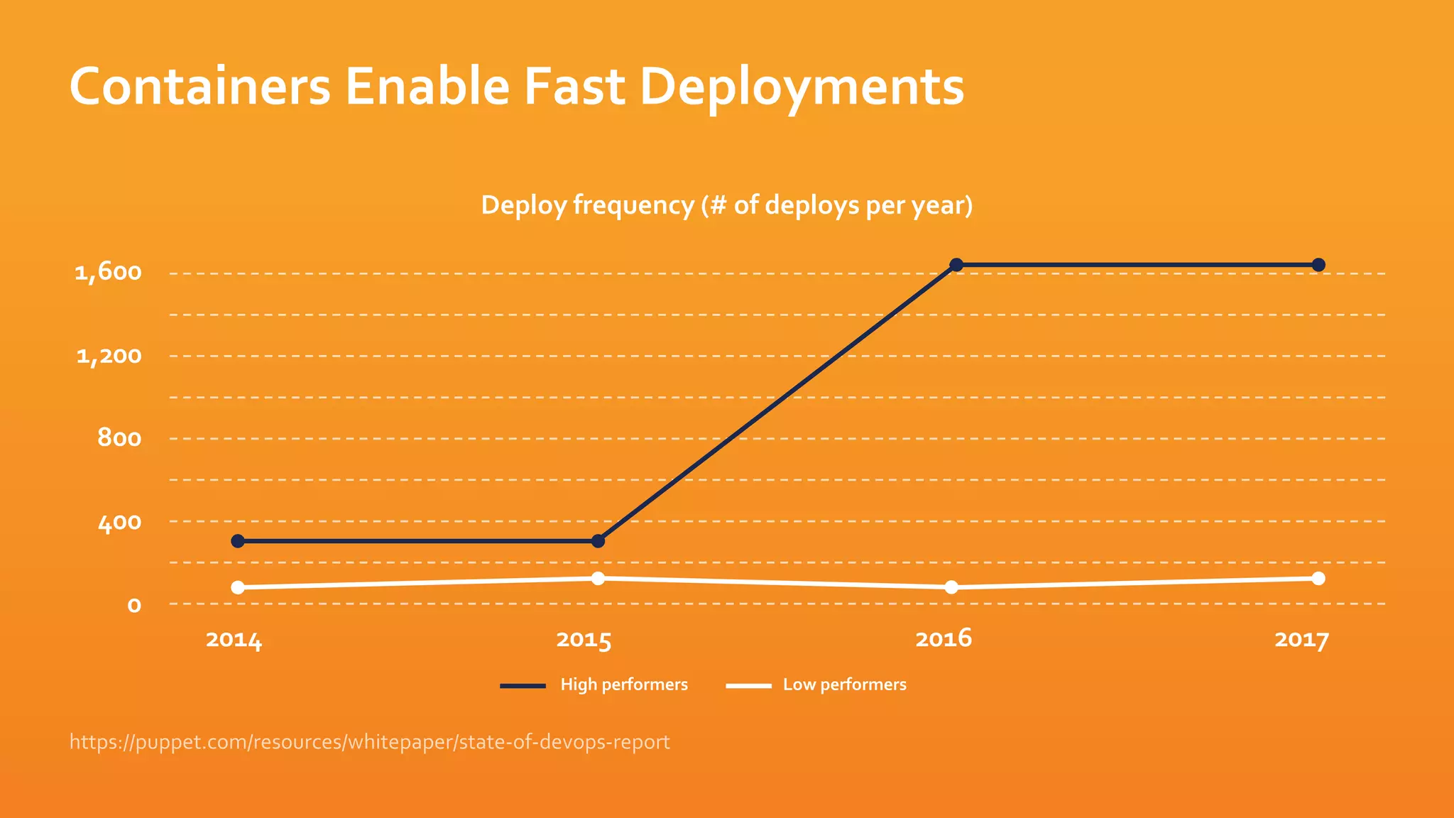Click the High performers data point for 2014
[x=238, y=541]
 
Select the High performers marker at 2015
[x=598, y=541]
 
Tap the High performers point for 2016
[x=956, y=265]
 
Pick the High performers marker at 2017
[x=1318, y=265]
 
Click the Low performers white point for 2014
[x=238, y=587]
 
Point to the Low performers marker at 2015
[x=598, y=578]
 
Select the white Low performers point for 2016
[x=951, y=587]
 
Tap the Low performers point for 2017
[x=1318, y=578]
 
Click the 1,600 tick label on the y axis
[x=108, y=273]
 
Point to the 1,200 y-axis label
[x=109, y=356]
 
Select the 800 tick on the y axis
[x=119, y=439]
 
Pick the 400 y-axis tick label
[x=119, y=523]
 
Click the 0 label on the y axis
[x=134, y=606]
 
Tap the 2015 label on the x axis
[x=584, y=640]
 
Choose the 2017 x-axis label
[x=1301, y=640]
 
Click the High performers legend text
[x=624, y=685]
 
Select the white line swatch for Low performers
[x=748, y=686]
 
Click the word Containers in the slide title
[x=200, y=87]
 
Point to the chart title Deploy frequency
[x=727, y=205]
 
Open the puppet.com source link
[x=369, y=742]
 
